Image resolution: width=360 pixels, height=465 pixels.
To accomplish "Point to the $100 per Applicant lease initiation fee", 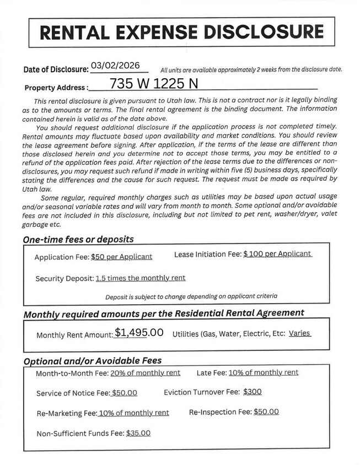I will (x=277, y=254).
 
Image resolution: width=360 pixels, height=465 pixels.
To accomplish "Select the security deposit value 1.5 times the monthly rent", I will (x=141, y=278).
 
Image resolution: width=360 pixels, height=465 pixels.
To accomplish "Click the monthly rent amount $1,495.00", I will (x=139, y=333).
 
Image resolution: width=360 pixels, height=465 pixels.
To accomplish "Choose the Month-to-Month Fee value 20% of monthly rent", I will (x=146, y=373).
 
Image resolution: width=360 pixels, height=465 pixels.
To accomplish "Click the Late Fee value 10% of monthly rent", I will (x=264, y=372).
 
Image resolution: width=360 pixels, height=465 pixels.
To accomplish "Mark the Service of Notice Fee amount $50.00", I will (x=124, y=393).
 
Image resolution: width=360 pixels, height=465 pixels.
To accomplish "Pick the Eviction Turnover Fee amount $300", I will (x=252, y=392).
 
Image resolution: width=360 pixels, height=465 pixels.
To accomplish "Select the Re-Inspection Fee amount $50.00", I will (x=266, y=412).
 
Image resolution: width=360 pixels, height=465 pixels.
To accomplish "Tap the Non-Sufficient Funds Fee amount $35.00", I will (x=138, y=433).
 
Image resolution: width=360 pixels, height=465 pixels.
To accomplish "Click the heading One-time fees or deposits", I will (x=78, y=240).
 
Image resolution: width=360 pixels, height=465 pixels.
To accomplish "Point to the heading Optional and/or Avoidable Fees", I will (x=92, y=361).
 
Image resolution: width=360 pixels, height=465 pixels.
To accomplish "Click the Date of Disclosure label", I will (x=56, y=69).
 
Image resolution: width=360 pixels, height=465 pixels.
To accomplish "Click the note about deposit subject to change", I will (x=191, y=296).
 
